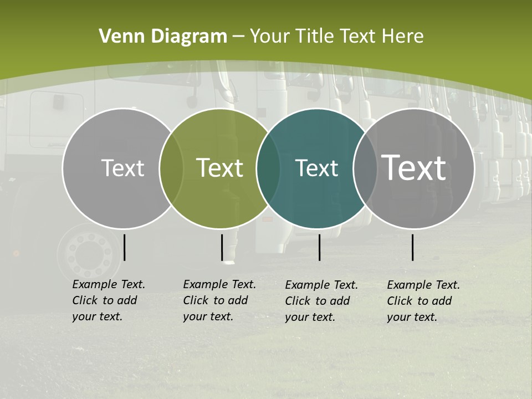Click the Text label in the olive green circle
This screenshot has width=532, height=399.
(x=219, y=168)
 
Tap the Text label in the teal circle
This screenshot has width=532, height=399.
(x=316, y=168)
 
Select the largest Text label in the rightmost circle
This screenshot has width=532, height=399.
(x=414, y=167)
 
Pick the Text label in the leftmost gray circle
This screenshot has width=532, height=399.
(x=122, y=168)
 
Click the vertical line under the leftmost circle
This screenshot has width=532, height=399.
(x=125, y=247)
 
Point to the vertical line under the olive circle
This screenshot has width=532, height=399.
(x=222, y=247)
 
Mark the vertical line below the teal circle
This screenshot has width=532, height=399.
(x=319, y=247)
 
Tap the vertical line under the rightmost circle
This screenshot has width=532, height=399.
(x=413, y=247)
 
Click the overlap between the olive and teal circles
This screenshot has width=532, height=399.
(x=268, y=168)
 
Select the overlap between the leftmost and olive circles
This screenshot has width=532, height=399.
(x=171, y=168)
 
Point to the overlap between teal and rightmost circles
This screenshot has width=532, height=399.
(x=365, y=168)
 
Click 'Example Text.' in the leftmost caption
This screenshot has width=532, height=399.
(x=109, y=285)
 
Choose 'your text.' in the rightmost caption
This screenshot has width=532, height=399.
(x=412, y=317)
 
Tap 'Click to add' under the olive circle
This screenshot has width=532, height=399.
(x=215, y=300)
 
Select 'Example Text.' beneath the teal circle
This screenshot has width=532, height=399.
(x=321, y=285)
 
